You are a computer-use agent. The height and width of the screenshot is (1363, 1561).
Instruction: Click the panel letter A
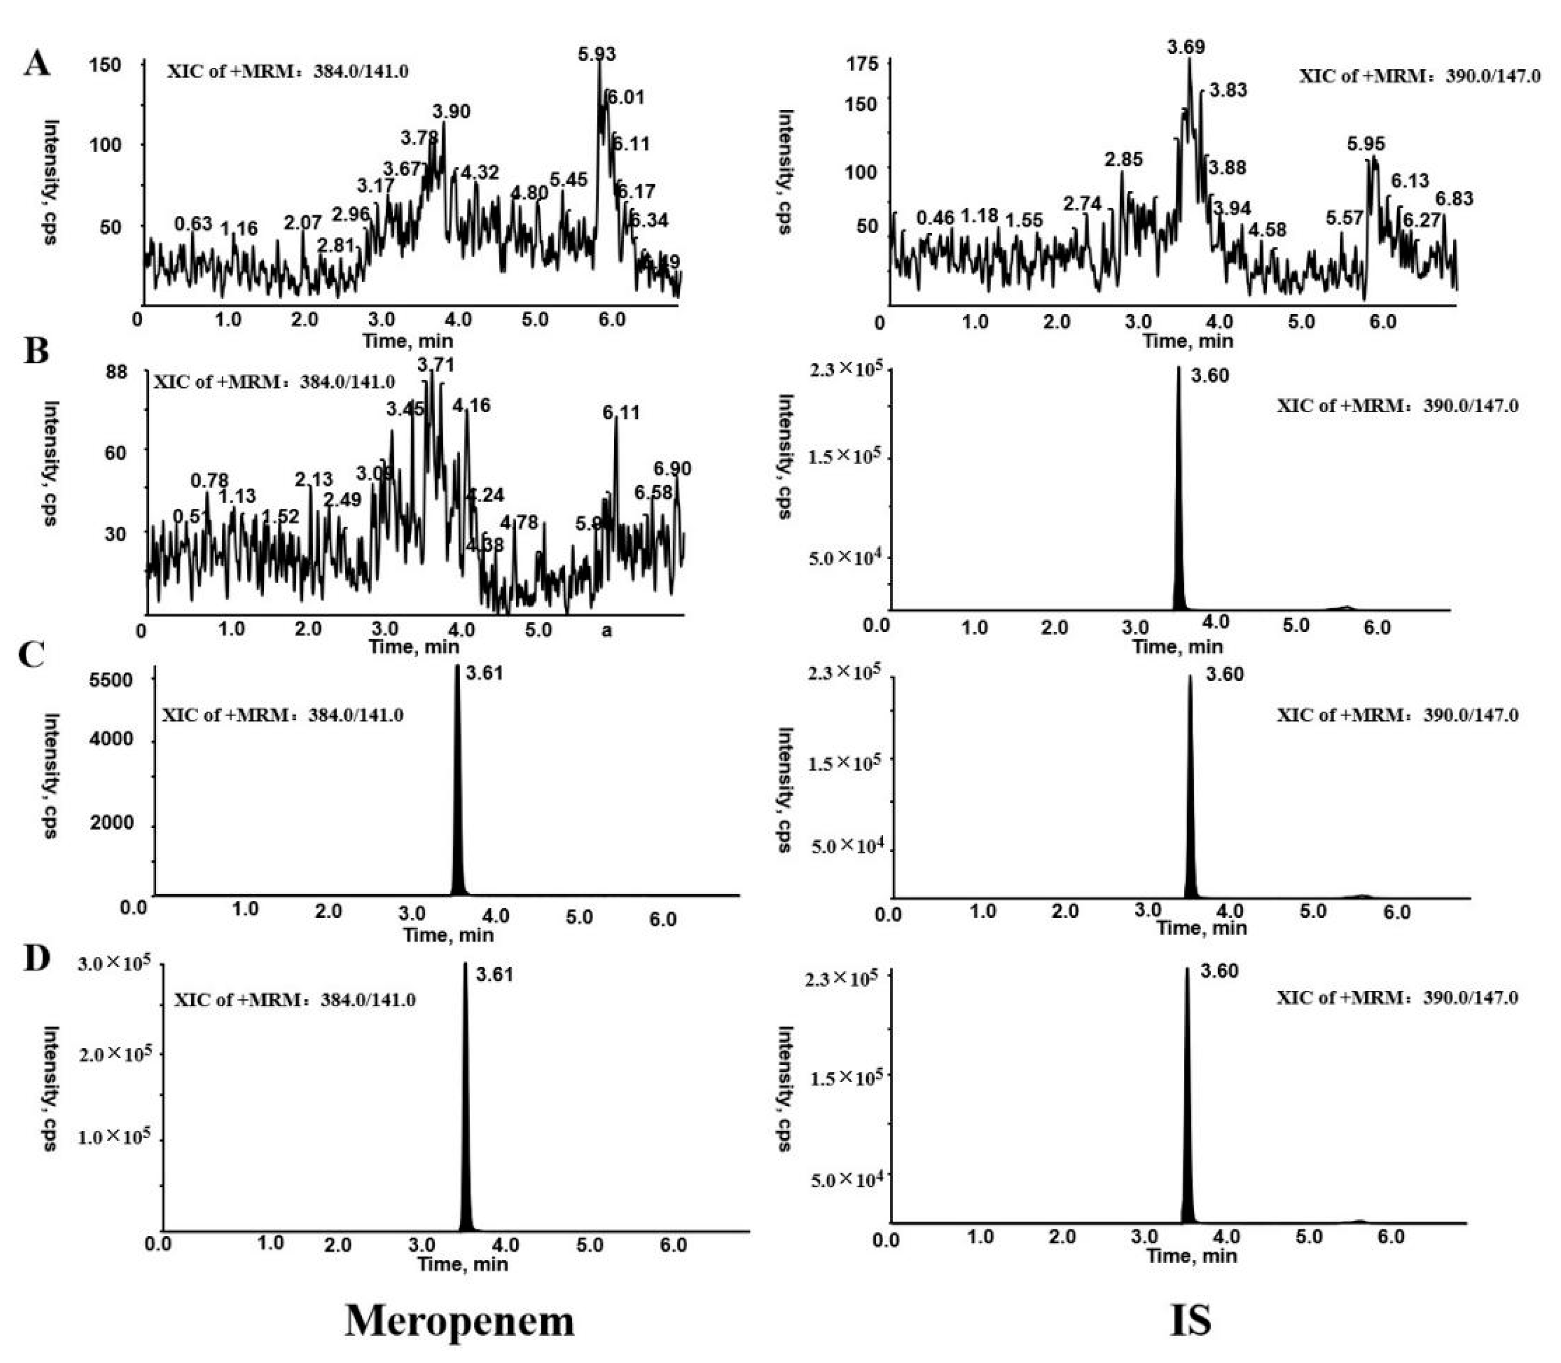(36, 63)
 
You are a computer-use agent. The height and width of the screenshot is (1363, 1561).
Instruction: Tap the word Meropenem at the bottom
(460, 1320)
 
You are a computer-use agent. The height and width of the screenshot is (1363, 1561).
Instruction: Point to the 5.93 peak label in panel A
(596, 54)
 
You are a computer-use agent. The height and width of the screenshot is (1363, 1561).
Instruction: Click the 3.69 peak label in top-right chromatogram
(1186, 47)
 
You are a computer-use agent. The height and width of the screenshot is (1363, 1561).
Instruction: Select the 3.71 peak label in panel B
(436, 365)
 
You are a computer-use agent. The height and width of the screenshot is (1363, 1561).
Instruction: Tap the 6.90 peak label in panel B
(673, 469)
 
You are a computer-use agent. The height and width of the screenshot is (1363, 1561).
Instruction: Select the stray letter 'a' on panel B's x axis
(606, 630)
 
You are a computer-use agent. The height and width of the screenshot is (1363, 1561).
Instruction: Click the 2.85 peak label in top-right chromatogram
(1124, 160)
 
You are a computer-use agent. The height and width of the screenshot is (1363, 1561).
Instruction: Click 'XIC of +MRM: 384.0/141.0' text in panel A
(287, 71)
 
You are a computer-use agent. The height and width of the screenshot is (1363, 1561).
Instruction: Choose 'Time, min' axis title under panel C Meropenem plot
(448, 935)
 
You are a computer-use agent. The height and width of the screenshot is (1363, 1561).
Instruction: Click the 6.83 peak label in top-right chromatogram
(1454, 199)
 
